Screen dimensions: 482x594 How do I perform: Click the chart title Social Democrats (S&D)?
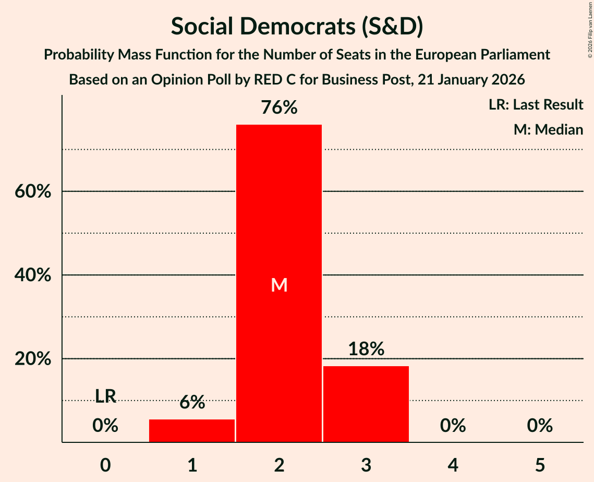[297, 27]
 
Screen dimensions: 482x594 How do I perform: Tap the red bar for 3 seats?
[366, 404]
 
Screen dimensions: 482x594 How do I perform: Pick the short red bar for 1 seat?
[192, 430]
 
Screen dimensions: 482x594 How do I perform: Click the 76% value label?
[279, 108]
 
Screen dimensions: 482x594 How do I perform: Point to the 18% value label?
[366, 349]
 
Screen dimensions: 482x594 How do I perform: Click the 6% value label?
[192, 402]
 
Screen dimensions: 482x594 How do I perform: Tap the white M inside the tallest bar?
[279, 285]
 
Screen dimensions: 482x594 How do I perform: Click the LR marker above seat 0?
[105, 396]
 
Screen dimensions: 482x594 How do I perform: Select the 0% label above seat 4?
[453, 426]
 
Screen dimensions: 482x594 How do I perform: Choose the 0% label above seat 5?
[539, 426]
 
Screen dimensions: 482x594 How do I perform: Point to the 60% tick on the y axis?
[32, 191]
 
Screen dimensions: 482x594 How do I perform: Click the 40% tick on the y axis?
[32, 275]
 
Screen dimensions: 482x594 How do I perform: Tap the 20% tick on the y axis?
[32, 359]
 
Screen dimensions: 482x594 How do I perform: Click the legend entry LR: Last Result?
[536, 105]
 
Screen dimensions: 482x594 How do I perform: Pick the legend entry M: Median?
[548, 129]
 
